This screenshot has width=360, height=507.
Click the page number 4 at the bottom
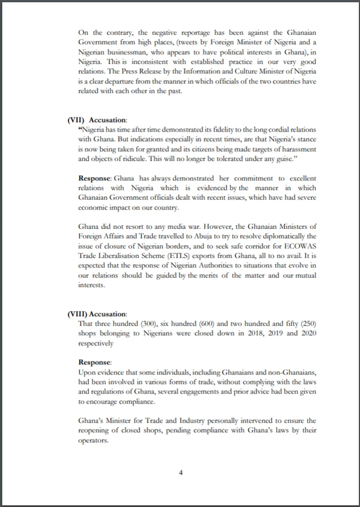181,472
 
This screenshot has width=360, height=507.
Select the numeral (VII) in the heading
76,120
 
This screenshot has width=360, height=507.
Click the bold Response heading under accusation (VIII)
95,362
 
